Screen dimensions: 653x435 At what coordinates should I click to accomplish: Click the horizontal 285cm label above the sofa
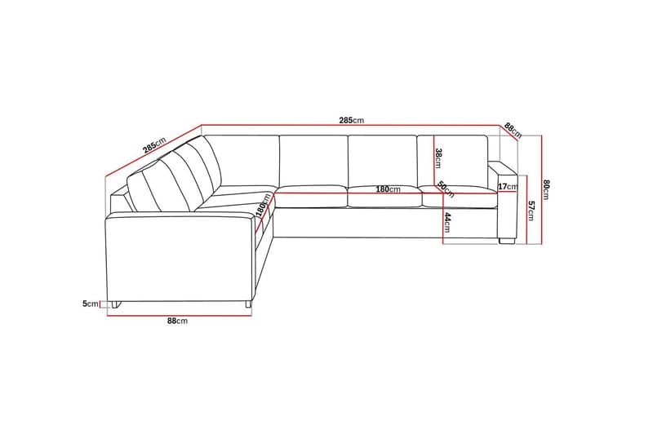(x=352, y=121)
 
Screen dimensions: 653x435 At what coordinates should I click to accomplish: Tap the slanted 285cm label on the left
(x=154, y=145)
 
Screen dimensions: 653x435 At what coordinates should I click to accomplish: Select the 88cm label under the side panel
(x=177, y=321)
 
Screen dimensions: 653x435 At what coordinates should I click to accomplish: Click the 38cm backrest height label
(x=438, y=158)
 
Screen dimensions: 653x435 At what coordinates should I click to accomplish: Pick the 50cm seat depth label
(x=446, y=190)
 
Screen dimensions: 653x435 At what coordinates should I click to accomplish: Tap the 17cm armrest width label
(x=508, y=187)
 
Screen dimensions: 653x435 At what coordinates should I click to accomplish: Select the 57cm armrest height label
(x=531, y=211)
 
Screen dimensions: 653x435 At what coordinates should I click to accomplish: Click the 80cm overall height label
(x=546, y=190)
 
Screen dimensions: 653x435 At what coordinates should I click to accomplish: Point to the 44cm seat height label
(x=446, y=222)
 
